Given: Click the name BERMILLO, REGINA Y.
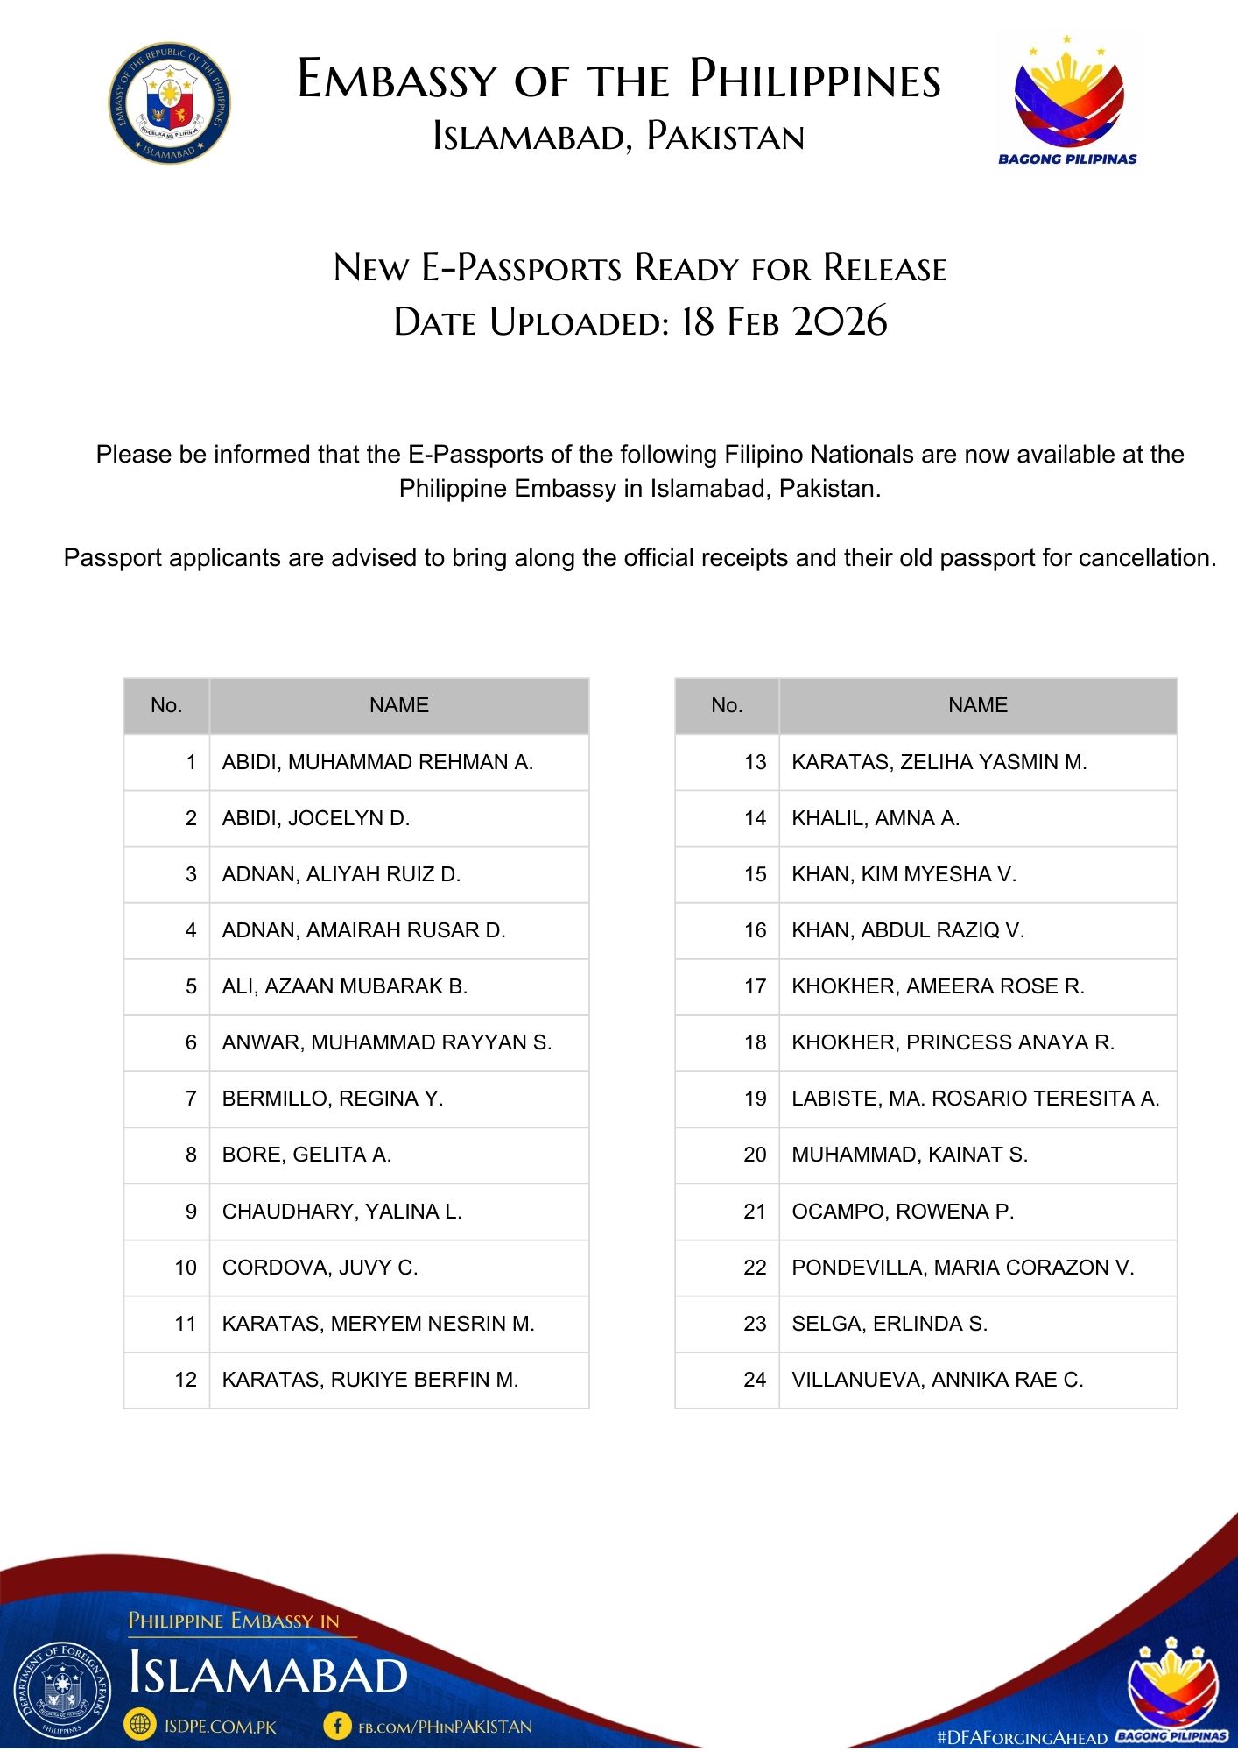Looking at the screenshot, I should (333, 1099).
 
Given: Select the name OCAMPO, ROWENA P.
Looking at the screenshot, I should (903, 1212).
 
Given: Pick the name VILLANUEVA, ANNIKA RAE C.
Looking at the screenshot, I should (937, 1380).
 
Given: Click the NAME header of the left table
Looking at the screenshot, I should (398, 705).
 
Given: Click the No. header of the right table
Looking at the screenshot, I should (727, 705).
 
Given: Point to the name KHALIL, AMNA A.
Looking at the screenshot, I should (876, 818).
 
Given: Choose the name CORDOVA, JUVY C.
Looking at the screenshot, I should (320, 1268).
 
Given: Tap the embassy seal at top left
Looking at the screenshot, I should (169, 103).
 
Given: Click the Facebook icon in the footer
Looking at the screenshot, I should (337, 1726).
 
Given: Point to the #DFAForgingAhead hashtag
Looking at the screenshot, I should (1022, 1736).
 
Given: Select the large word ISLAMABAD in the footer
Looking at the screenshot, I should (268, 1674).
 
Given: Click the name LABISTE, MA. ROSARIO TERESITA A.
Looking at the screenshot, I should (975, 1099).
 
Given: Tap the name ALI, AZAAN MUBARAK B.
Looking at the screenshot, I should (345, 986).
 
